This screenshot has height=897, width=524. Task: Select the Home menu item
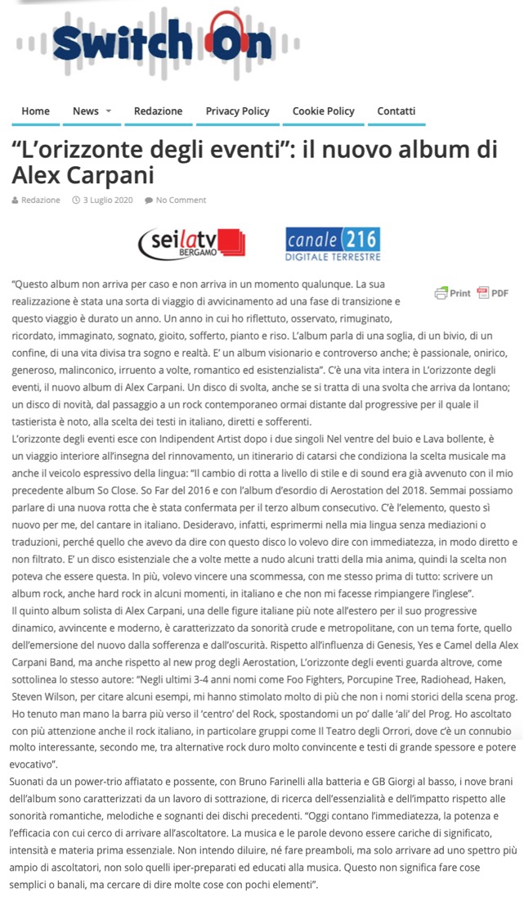35,111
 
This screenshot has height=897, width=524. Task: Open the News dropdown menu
92,111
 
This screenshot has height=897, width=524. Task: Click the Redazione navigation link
158,111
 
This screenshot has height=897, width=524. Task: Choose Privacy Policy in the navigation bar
237,111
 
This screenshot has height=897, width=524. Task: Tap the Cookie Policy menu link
323,111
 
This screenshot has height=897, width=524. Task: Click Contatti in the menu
396,111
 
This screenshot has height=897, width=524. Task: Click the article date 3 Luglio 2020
108,200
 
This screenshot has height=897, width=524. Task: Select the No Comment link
181,200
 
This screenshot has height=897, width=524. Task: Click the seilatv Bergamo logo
192,243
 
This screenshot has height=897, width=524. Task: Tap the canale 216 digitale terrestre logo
333,244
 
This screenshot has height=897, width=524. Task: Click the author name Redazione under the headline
40,200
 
